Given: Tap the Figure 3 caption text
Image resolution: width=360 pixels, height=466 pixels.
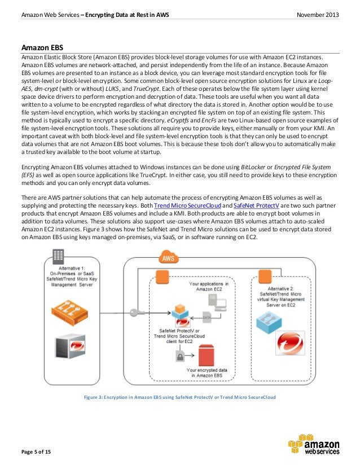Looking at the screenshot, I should (x=179, y=398).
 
